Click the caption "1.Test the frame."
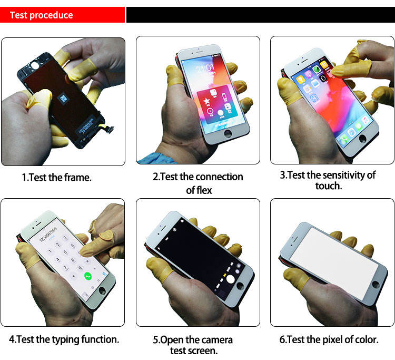(56, 178)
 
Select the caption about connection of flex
(198, 183)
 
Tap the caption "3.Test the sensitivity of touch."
(328, 180)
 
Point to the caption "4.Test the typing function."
(64, 339)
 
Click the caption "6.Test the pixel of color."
(329, 340)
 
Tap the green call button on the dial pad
(87, 275)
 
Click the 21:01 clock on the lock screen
(205, 69)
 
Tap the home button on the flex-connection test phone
(228, 134)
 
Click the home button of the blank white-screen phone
(376, 284)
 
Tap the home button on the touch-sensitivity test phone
(363, 139)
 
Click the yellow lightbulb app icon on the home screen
(301, 80)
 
